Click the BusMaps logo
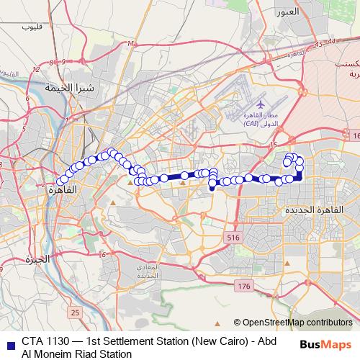[329, 344]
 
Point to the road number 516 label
[232, 238]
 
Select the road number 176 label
[243, 287]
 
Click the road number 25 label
[76, 312]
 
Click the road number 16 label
[354, 135]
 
